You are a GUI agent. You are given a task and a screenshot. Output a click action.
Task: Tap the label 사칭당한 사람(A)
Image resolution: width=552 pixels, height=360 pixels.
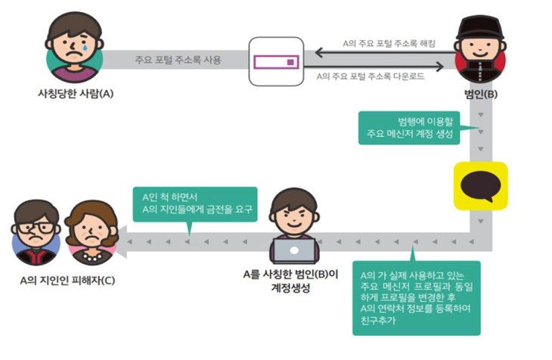[76, 94]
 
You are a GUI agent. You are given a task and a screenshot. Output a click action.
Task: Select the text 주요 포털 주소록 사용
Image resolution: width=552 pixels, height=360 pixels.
[178, 60]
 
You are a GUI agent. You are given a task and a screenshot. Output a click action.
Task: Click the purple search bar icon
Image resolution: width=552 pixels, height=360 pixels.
[276, 62]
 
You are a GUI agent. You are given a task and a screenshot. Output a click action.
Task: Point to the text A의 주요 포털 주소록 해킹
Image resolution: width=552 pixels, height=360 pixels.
[389, 43]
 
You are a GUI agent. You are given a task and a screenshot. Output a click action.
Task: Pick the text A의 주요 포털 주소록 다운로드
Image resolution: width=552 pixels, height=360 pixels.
[371, 76]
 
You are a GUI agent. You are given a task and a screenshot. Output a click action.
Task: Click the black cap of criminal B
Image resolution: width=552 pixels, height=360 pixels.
[480, 27]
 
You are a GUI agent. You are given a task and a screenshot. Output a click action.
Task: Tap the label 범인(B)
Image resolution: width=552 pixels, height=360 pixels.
[480, 94]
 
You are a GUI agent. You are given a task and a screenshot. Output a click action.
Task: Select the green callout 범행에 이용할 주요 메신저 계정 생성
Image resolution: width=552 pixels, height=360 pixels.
[409, 128]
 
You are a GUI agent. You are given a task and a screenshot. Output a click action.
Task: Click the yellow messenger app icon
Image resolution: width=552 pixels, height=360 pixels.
[480, 186]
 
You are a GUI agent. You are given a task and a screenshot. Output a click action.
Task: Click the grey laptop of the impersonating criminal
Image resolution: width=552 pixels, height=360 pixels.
[294, 250]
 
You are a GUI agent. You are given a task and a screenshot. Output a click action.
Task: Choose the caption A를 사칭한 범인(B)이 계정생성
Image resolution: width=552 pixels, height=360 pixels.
[291, 281]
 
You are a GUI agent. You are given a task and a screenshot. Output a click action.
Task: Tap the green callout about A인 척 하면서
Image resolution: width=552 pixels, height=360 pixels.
[195, 204]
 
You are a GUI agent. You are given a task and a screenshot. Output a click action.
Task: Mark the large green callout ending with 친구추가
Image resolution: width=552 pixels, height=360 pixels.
[417, 298]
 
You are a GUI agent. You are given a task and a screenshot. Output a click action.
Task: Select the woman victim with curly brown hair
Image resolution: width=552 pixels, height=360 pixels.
[91, 232]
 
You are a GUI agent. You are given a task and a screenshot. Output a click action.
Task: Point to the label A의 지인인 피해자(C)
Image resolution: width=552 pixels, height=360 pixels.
[67, 281]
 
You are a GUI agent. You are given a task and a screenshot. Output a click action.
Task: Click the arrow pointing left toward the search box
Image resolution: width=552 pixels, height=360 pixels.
[386, 53]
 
